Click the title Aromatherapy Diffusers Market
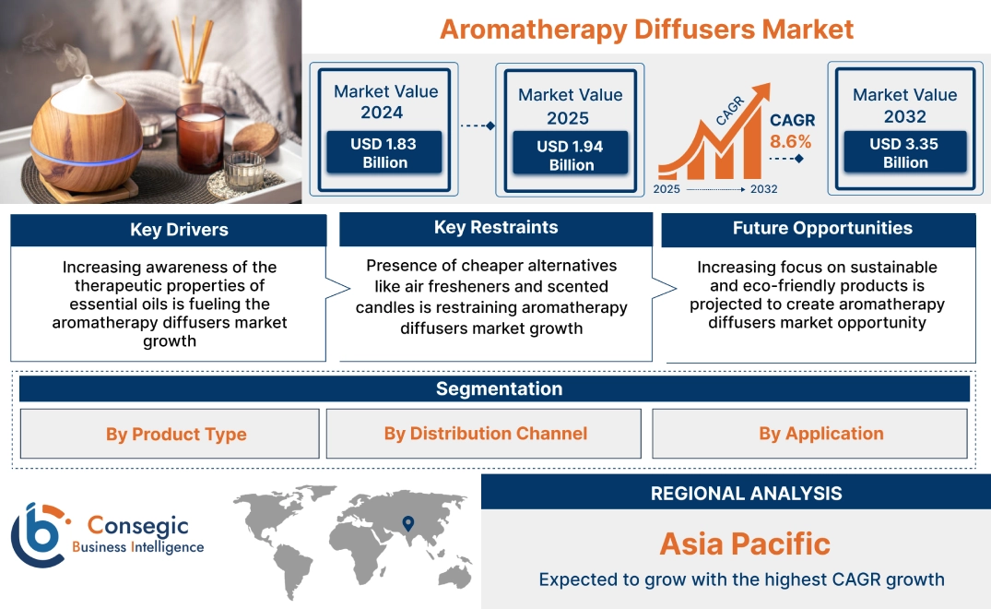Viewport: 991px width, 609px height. (x=646, y=29)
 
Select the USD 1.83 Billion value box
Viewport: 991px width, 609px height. (x=384, y=153)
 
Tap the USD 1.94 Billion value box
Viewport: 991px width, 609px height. (x=571, y=155)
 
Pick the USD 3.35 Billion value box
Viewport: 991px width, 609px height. (x=904, y=153)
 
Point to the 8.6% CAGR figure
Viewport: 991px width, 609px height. (x=791, y=141)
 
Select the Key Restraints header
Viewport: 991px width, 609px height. (x=496, y=228)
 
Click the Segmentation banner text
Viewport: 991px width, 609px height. (x=499, y=388)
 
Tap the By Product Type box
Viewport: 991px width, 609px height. (x=176, y=434)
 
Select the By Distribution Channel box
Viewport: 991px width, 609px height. (x=485, y=434)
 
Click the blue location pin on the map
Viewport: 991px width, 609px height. (x=407, y=524)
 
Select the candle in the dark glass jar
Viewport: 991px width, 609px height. (x=200, y=137)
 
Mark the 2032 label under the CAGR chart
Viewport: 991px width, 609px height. (x=763, y=189)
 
